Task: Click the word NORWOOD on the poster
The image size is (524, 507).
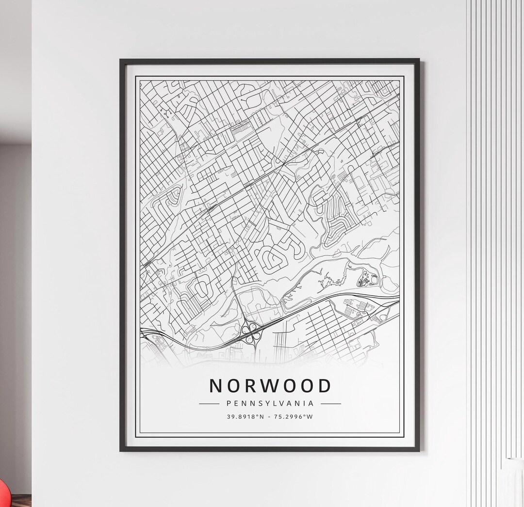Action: [270, 386]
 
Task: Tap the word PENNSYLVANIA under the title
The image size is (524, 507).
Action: [270, 403]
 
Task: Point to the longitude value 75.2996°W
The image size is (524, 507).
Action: [294, 416]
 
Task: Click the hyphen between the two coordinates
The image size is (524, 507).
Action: [270, 416]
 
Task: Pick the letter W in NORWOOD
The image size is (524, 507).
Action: [270, 386]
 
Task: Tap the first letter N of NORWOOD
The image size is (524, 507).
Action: [216, 386]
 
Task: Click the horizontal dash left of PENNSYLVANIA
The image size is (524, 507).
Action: [209, 403]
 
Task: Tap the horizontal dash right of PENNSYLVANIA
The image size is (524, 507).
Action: [331, 403]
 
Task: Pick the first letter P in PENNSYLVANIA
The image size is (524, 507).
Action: [229, 403]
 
